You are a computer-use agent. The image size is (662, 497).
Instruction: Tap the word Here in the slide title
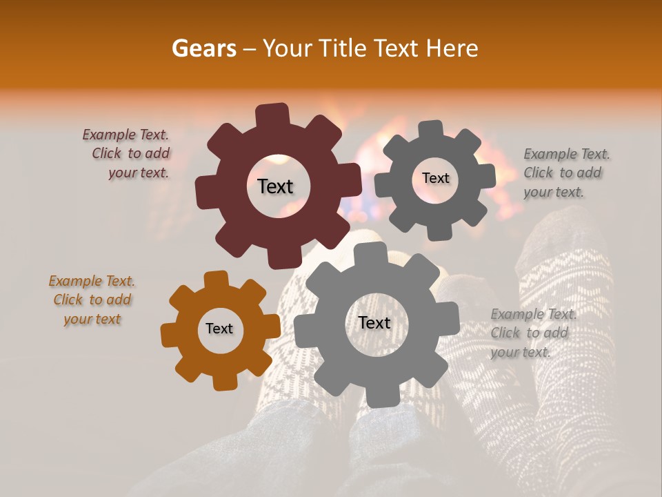(x=452, y=48)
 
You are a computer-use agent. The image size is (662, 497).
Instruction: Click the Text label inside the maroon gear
(x=275, y=186)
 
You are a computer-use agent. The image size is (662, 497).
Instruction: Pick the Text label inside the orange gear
(x=219, y=329)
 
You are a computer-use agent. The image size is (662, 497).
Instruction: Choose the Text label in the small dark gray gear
(x=435, y=178)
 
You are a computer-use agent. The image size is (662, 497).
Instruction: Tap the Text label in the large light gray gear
(x=374, y=323)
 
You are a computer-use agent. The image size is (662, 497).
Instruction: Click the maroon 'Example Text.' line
(x=126, y=135)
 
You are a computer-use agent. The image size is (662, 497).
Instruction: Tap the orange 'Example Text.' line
(x=92, y=282)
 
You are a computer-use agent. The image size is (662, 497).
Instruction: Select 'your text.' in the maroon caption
(x=138, y=173)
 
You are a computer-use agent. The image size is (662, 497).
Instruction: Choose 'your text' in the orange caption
(x=92, y=319)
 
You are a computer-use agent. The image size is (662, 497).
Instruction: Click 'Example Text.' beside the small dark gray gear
(x=567, y=154)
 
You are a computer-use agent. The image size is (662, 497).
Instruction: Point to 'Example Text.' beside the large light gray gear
(x=534, y=315)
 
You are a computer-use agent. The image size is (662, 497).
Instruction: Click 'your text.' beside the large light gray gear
(x=521, y=352)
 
